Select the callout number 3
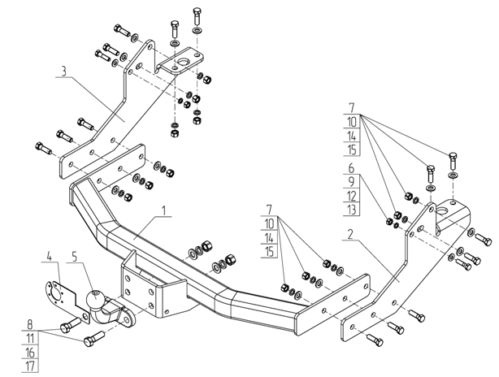[x=63, y=71]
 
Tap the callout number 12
[x=351, y=196]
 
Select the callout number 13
[x=351, y=211]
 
